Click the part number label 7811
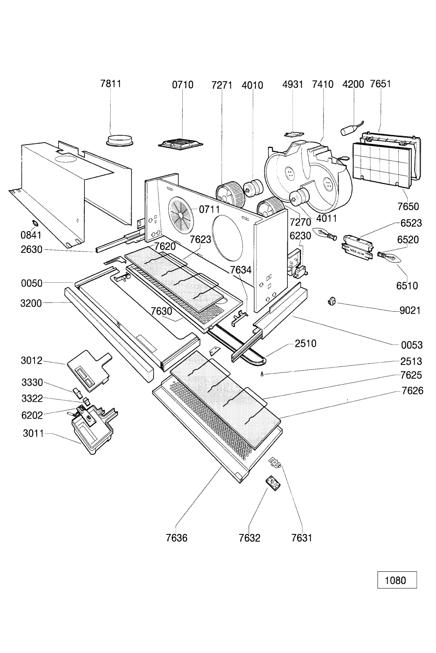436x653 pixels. coord(111,84)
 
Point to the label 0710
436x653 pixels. coord(183,84)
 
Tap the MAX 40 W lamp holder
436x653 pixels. coord(358,245)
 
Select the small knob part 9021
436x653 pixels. coord(331,303)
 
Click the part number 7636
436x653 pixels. coord(177,538)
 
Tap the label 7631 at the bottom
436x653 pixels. coord(302,538)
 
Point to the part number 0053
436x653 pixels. coord(411,345)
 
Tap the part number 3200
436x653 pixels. coord(31,303)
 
